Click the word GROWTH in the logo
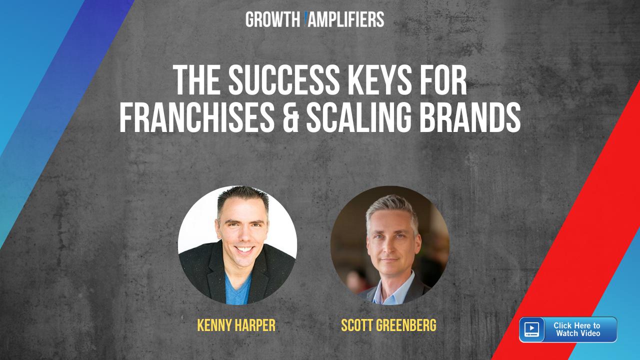[272, 19]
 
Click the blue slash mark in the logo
[305, 19]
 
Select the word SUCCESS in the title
[283, 80]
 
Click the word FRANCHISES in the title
[197, 117]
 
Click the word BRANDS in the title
[470, 117]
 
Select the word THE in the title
[197, 80]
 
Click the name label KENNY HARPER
[236, 325]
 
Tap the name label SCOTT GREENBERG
[389, 325]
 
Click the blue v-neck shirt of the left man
[237, 289]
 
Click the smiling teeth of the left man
[244, 249]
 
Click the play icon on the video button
[531, 329]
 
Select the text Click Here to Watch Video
[577, 329]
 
